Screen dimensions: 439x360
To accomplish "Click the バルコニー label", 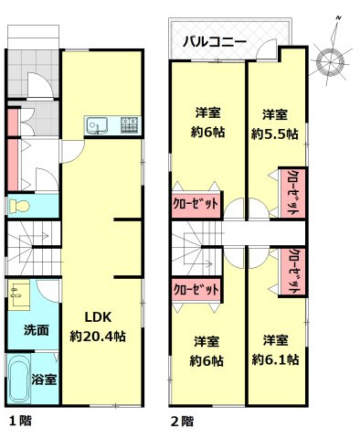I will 213,41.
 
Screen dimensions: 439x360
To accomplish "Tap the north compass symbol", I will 328,59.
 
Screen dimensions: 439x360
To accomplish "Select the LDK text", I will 98,317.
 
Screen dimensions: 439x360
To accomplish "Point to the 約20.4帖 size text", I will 98,336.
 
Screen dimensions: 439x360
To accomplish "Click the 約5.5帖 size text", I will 274,133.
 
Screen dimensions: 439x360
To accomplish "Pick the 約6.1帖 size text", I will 274,359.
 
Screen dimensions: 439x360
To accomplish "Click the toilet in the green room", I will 18,208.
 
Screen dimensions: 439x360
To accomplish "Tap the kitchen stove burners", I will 129,125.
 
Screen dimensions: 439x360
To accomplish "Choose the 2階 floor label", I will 182,422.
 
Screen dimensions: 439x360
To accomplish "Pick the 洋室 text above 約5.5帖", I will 275,114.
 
